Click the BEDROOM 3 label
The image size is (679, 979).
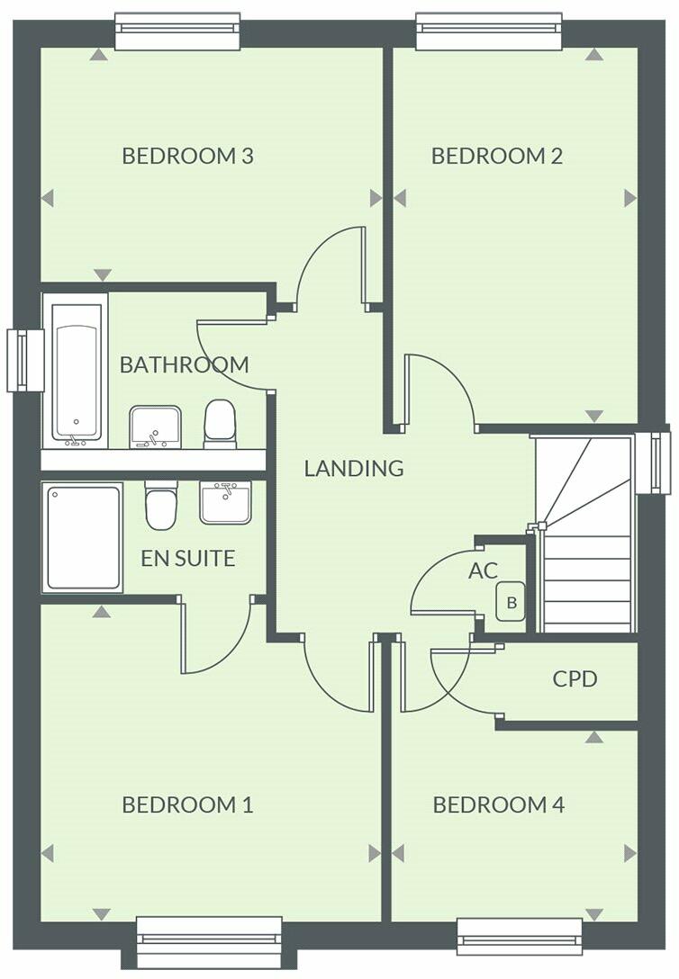tap(187, 156)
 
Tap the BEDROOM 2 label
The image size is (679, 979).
tap(497, 156)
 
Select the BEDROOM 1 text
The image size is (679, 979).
tap(187, 804)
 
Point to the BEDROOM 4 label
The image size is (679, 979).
tap(499, 804)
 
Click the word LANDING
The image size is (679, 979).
tap(353, 468)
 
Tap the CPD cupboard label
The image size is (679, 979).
tap(575, 678)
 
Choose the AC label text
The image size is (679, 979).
tap(483, 570)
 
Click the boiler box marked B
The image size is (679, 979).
tap(512, 603)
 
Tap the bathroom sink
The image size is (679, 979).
tap(155, 426)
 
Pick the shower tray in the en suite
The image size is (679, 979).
tap(82, 537)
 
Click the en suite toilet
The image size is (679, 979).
tap(161, 505)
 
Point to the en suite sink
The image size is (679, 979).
tap(225, 501)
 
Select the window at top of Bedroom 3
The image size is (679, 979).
tap(177, 31)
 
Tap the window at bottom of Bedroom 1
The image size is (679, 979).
tap(209, 942)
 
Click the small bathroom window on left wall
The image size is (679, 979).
tap(24, 360)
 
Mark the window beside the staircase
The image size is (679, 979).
tap(653, 463)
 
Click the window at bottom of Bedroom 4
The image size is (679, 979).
tap(520, 936)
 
